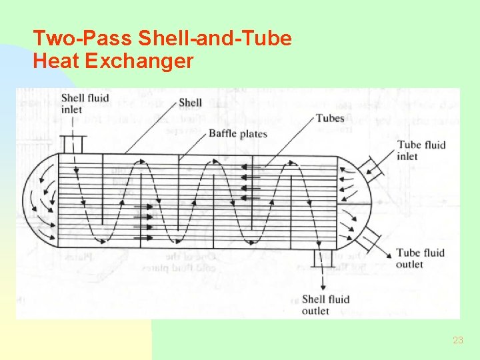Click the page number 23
point(457,340)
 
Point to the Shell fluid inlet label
point(85,103)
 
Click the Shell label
point(191,103)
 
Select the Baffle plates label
point(238,133)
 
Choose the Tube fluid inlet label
point(420,150)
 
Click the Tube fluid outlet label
point(420,259)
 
